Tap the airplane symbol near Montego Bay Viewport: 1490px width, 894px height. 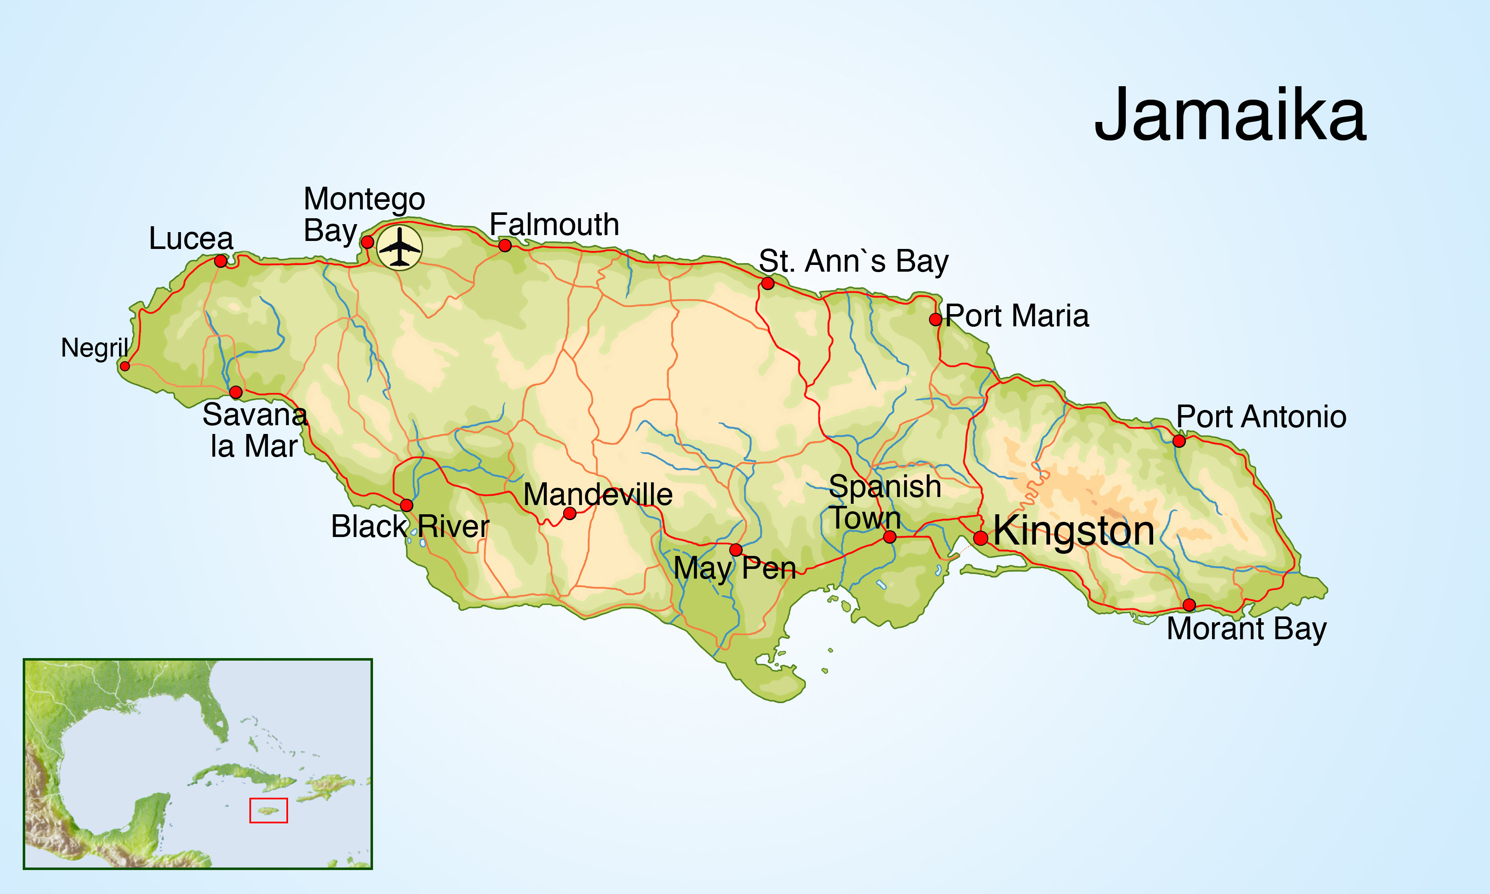point(400,247)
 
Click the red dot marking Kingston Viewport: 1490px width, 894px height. point(980,538)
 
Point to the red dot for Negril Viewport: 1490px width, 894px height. point(125,366)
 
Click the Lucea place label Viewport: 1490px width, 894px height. point(191,238)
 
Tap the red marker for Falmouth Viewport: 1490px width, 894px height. point(505,245)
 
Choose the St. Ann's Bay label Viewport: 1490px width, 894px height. point(853,262)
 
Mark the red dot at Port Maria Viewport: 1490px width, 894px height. point(935,319)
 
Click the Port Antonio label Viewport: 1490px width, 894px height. point(1261,416)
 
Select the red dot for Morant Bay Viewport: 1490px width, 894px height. point(1189,604)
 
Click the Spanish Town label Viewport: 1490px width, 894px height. point(884,502)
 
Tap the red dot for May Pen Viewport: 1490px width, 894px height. point(736,550)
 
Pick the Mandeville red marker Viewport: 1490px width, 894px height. point(569,513)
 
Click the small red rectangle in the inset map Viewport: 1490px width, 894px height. point(269,810)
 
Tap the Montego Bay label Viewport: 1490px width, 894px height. point(363,214)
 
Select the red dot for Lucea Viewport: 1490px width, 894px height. point(220,261)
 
